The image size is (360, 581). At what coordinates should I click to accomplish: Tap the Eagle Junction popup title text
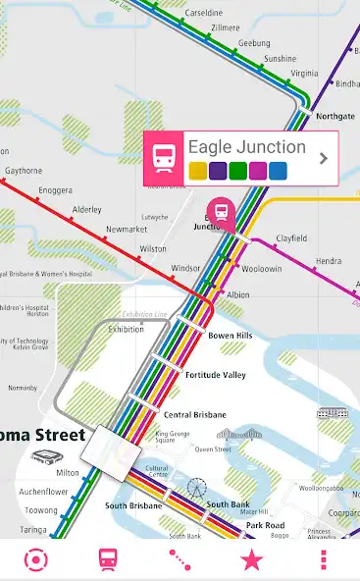tap(247, 147)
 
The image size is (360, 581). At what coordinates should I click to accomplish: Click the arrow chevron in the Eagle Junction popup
tap(323, 157)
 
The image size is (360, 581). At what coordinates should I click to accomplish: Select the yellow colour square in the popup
tap(197, 171)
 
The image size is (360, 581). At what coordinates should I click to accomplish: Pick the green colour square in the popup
tap(237, 171)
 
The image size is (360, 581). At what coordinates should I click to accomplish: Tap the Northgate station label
tap(335, 116)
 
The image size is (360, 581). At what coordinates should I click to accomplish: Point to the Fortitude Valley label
tap(215, 375)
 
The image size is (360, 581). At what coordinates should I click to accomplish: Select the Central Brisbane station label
tap(194, 414)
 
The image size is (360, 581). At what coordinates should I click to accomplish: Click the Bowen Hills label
tap(231, 336)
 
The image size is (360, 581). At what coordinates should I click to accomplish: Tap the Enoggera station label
tap(55, 189)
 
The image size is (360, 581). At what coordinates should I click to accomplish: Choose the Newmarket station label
tap(127, 230)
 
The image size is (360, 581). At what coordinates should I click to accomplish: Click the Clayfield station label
tap(291, 238)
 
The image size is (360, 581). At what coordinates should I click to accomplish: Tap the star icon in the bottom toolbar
tap(252, 560)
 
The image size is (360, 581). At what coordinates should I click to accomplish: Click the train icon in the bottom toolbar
tap(108, 560)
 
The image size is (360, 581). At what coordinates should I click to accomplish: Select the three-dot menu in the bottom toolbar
tap(324, 560)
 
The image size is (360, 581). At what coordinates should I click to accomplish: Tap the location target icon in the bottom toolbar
tap(36, 560)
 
